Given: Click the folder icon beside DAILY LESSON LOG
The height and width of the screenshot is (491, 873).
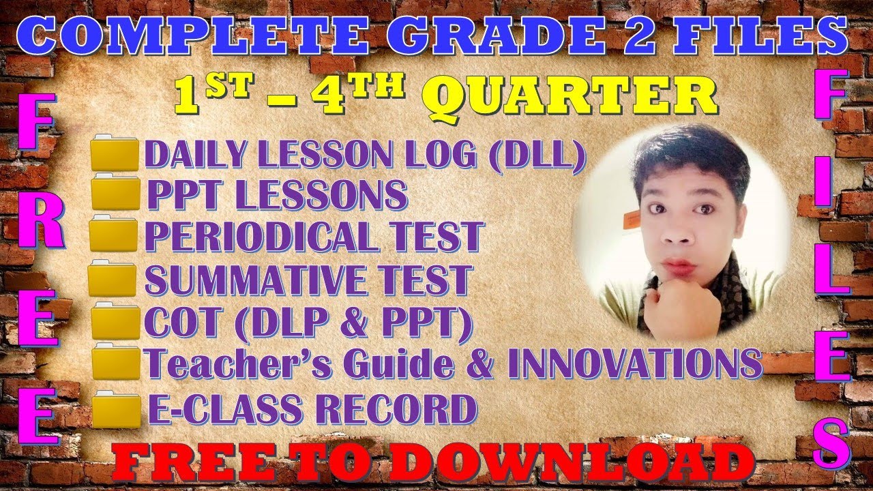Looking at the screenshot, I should coord(115,155).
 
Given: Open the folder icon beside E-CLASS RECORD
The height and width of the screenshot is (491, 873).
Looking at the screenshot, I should coord(117,408).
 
